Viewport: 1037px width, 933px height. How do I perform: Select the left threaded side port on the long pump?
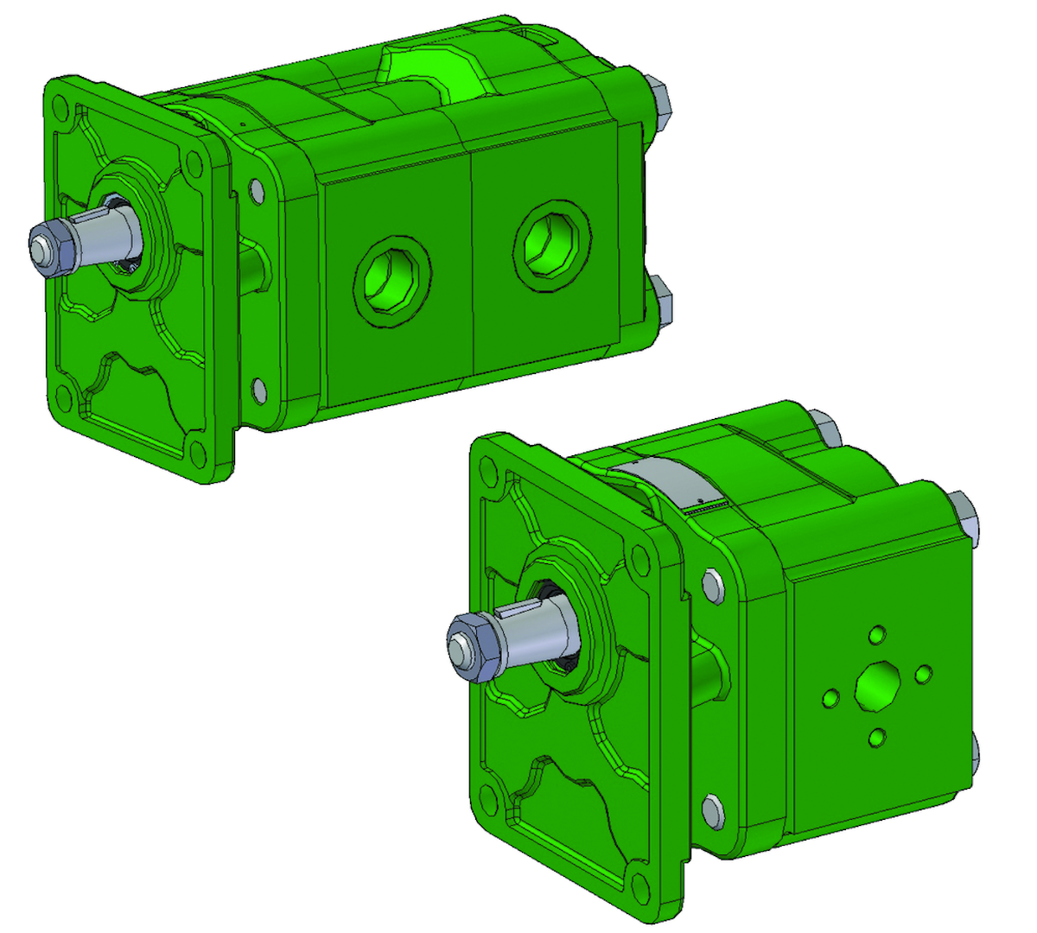[391, 279]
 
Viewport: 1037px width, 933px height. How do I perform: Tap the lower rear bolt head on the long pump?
[663, 298]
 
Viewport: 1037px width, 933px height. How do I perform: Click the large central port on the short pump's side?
[877, 687]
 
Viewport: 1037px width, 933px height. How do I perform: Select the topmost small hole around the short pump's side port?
[878, 635]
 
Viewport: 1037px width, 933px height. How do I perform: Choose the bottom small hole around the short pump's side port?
[876, 738]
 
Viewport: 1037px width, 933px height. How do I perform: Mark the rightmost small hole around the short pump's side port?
[923, 673]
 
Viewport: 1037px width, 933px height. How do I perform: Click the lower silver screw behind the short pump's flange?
[713, 811]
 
